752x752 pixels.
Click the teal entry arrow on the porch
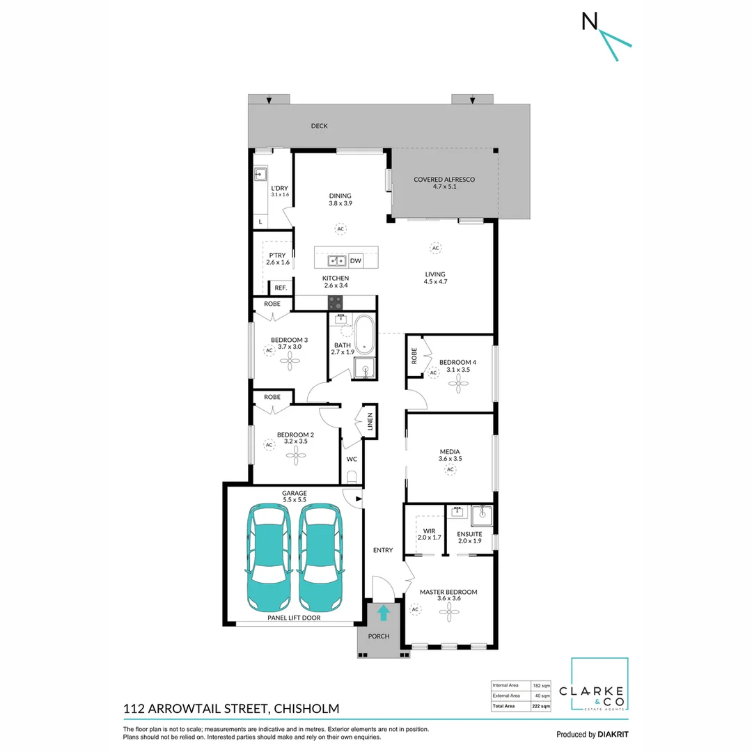pyautogui.click(x=383, y=613)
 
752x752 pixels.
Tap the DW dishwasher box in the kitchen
pyautogui.click(x=355, y=261)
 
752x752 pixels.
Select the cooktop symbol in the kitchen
pyautogui.click(x=335, y=303)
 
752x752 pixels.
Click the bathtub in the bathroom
pyautogui.click(x=364, y=334)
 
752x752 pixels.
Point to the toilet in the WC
pyautogui.click(x=352, y=477)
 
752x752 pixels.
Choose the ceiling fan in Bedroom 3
pyautogui.click(x=290, y=361)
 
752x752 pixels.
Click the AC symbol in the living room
pyautogui.click(x=435, y=248)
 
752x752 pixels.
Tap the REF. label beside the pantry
pyautogui.click(x=281, y=288)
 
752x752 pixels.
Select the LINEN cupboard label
pyautogui.click(x=370, y=421)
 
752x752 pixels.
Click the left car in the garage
pyautogui.click(x=269, y=557)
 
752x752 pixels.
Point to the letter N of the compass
pyautogui.click(x=590, y=21)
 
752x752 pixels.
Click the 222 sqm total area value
pyautogui.click(x=541, y=706)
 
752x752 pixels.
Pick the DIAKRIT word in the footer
pyautogui.click(x=613, y=735)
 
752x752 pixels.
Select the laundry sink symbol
pyautogui.click(x=260, y=173)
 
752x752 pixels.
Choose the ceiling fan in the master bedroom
pyautogui.click(x=449, y=612)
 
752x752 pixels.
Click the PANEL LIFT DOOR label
pyautogui.click(x=294, y=618)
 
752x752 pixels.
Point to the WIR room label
pyautogui.click(x=429, y=531)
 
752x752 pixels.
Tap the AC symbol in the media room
pyautogui.click(x=450, y=469)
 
